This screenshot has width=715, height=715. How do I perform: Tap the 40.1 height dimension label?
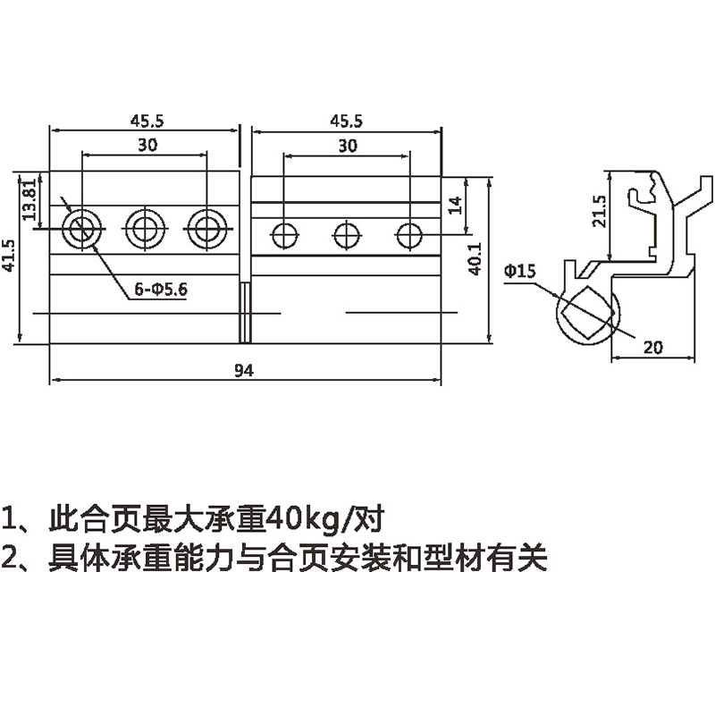[x=475, y=257]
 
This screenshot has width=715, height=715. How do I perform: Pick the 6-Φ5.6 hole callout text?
[x=159, y=289]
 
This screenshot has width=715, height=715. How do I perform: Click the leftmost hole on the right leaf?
[x=284, y=235]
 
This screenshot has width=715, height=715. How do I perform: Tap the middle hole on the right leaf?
[x=347, y=235]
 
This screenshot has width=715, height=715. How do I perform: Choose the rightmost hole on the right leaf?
[x=409, y=235]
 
